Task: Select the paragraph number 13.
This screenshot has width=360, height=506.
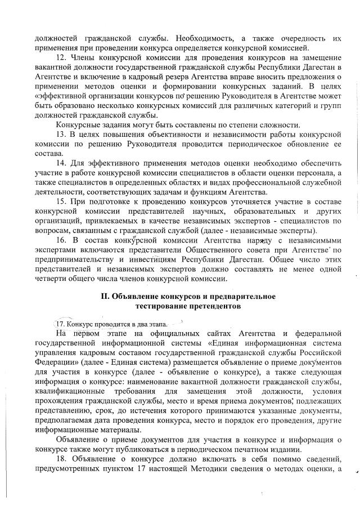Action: (62, 135)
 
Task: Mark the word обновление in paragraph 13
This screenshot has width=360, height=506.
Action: (303, 144)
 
